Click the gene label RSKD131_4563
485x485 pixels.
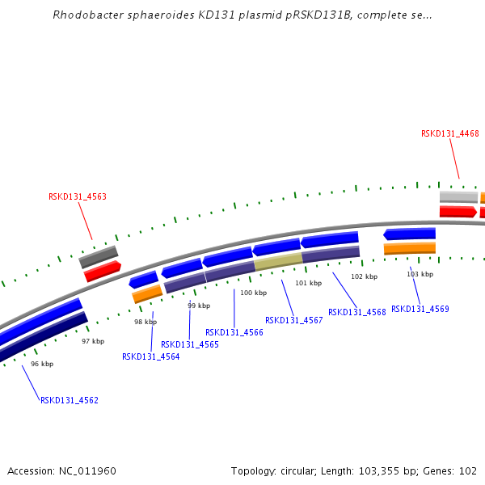point(78,196)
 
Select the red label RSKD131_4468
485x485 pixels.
point(449,134)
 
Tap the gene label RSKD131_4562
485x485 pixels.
point(70,400)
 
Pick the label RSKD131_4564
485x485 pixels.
point(151,356)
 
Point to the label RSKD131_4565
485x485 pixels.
point(190,344)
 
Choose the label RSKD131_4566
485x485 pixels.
point(234,332)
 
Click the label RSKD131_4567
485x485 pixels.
point(294,320)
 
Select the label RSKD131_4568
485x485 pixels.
point(357,312)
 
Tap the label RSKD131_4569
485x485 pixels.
point(420,309)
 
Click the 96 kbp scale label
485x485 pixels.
point(42,365)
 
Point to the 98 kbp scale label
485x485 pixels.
point(145,322)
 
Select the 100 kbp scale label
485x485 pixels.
point(253,293)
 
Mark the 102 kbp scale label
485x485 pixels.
point(364,276)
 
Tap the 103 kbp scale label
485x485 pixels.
point(420,274)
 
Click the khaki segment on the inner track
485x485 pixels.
point(278,261)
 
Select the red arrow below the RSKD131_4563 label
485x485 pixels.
point(103,271)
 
